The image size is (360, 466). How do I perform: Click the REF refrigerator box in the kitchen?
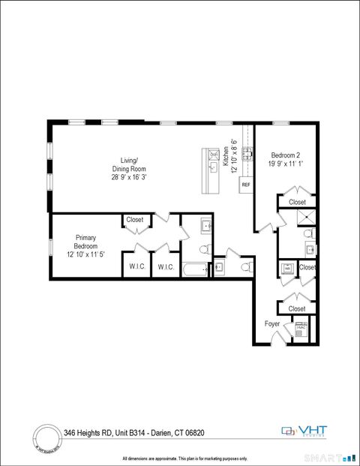pyautogui.click(x=245, y=185)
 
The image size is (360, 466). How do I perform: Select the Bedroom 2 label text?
pyautogui.click(x=286, y=155)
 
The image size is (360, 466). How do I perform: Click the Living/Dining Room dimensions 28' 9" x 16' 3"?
pyautogui.click(x=125, y=178)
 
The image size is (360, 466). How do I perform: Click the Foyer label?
pyautogui.click(x=272, y=323)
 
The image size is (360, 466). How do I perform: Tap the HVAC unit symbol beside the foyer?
pyautogui.click(x=301, y=329)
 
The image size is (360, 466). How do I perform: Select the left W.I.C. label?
pyautogui.click(x=136, y=266)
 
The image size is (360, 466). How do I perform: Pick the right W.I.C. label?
pyautogui.click(x=166, y=266)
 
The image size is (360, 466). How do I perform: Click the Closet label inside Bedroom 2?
pyautogui.click(x=297, y=202)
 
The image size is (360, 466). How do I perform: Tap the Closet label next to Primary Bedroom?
pyautogui.click(x=135, y=220)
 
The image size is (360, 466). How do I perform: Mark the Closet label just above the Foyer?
pyautogui.click(x=297, y=308)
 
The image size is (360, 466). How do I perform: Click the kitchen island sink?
pyautogui.click(x=212, y=168)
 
